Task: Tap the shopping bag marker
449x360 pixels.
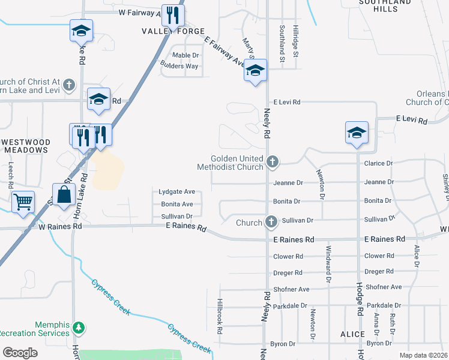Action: point(64,195)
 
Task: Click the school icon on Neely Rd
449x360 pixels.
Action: point(255,71)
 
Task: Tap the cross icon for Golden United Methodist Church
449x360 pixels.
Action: point(273,161)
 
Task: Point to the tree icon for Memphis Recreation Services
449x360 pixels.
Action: point(78,328)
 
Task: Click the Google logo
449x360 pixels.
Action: point(20,353)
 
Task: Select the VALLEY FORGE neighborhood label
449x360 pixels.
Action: point(173,31)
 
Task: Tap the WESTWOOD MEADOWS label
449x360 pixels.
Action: point(25,146)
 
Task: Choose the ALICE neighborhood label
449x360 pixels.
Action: point(352,334)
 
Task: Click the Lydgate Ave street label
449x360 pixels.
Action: point(176,192)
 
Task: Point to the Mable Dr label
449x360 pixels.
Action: point(185,55)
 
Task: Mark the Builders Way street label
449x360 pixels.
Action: point(179,66)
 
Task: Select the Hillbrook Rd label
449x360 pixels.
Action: point(220,316)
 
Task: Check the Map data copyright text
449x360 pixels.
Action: point(423,355)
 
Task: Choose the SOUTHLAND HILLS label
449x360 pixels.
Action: point(394,6)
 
